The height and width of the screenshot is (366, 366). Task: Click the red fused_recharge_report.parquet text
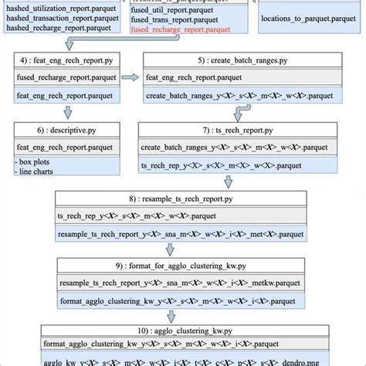pyautogui.click(x=181, y=29)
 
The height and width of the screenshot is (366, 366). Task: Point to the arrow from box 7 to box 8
pyautogui.click(x=229, y=183)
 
